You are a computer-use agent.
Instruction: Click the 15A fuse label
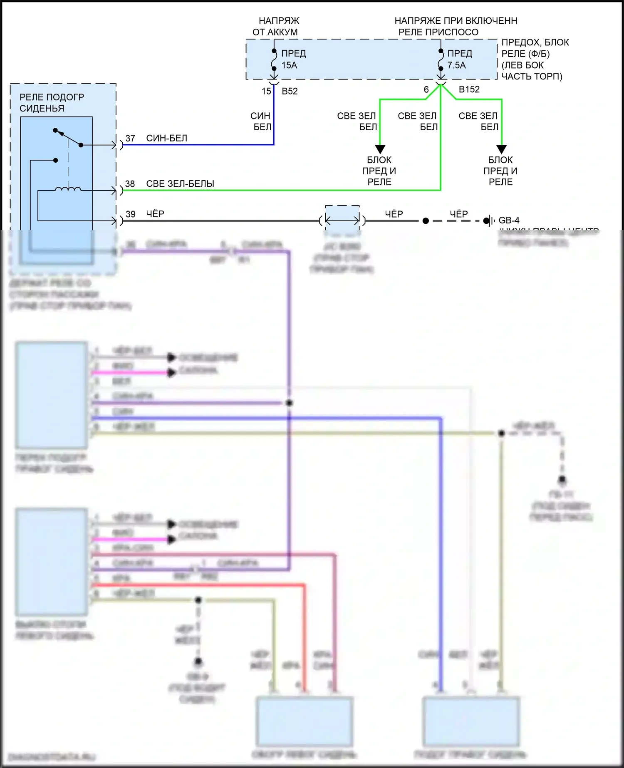289,65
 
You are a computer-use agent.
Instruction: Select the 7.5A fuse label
456,65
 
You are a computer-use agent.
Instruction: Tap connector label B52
290,92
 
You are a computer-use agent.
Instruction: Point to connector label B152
469,89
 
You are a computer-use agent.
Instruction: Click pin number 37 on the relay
130,138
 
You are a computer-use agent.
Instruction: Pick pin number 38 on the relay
130,184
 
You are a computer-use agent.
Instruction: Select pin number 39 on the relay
131,214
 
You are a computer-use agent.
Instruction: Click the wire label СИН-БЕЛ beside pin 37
166,138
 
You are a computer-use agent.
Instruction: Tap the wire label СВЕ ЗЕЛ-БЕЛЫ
180,184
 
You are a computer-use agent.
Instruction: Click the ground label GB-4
509,220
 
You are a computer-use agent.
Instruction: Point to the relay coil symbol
68,189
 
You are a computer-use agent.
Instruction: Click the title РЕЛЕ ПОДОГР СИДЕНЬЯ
52,103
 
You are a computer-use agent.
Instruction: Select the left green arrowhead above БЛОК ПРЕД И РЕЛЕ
380,149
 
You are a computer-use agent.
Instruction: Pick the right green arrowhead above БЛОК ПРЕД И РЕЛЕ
501,149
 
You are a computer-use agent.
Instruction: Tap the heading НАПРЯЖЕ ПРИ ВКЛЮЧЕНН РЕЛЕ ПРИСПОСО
456,26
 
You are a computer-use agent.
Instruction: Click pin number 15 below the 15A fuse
266,92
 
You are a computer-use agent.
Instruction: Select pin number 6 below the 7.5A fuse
426,89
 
